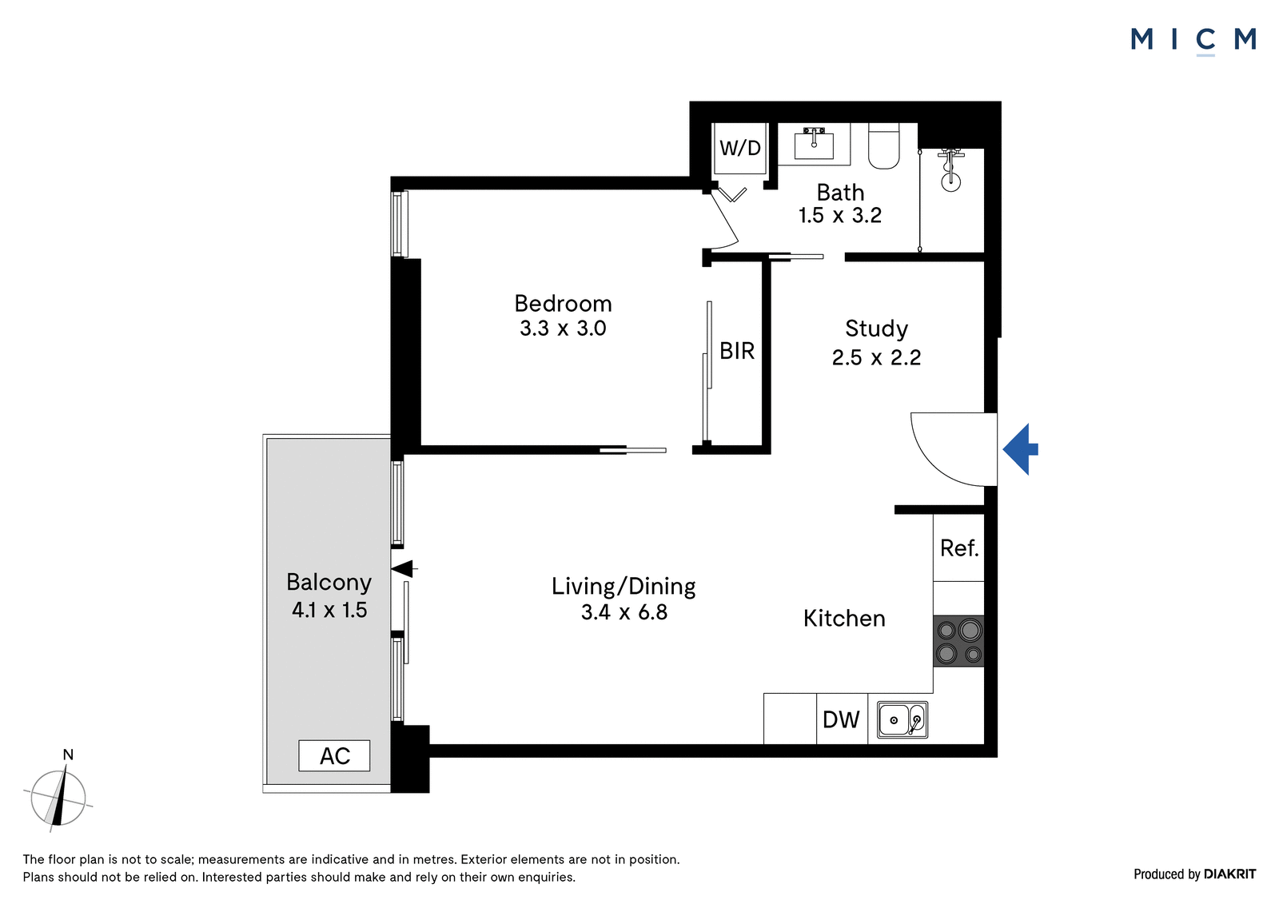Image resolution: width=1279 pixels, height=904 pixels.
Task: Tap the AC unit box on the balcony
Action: click(x=334, y=755)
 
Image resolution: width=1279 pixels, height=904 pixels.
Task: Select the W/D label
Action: click(x=740, y=149)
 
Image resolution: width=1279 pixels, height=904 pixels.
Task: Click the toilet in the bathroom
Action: click(x=884, y=146)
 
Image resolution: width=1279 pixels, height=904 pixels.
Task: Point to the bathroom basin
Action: click(x=814, y=143)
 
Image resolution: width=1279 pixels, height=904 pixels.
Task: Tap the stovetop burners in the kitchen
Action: click(x=958, y=641)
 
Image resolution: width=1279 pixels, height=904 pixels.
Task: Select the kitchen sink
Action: click(x=902, y=719)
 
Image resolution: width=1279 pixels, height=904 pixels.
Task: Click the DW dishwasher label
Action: click(x=841, y=720)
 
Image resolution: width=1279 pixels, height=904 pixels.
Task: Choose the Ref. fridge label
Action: click(x=959, y=548)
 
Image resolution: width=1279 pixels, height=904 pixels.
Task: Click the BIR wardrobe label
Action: click(x=737, y=351)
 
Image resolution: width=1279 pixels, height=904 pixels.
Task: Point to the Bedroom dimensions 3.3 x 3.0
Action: click(x=563, y=329)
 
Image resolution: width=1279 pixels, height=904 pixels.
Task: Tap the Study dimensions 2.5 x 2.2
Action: click(x=876, y=357)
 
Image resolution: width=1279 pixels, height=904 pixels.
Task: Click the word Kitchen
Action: click(x=844, y=619)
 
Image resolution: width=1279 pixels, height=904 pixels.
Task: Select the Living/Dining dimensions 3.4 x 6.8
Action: click(x=624, y=612)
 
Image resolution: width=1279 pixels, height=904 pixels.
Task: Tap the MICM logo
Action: click(x=1193, y=41)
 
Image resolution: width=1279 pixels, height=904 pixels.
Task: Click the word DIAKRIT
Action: click(x=1230, y=874)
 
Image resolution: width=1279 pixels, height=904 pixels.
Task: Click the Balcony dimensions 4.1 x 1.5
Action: click(x=329, y=611)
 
